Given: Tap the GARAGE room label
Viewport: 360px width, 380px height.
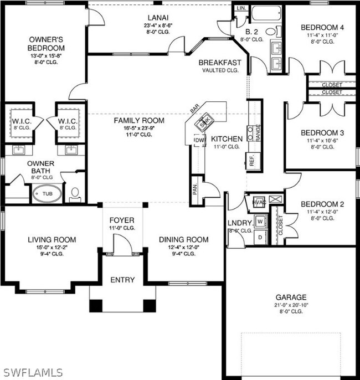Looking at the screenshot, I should (292, 297).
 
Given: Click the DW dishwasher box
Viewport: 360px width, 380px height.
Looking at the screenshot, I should (199, 140).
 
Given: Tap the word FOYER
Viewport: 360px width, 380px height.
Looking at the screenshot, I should (122, 220).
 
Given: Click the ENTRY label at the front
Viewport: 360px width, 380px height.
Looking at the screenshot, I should (122, 280).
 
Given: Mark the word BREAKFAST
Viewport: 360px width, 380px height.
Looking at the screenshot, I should (220, 63).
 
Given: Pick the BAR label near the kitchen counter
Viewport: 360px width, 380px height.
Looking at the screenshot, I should (195, 110).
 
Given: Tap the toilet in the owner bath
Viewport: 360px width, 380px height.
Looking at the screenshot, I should (75, 193).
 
